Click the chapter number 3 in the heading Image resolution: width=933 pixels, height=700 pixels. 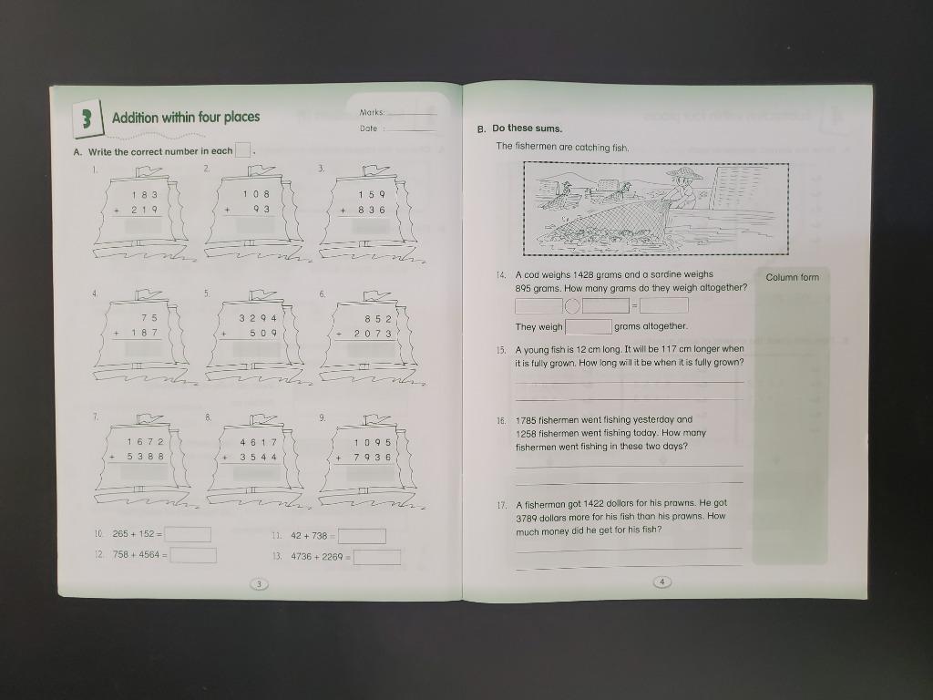click(85, 118)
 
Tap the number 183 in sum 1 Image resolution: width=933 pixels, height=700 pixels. click(143, 194)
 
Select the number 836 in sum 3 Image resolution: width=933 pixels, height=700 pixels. click(371, 210)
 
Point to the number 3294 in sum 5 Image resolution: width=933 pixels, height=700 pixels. click(258, 319)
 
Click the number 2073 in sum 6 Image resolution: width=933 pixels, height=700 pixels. click(371, 334)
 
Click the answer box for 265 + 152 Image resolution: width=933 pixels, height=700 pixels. click(189, 534)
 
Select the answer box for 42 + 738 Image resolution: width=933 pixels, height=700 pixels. click(363, 537)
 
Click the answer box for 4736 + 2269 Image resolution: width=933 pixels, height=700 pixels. click(377, 557)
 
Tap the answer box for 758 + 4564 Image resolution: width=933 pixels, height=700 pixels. click(194, 555)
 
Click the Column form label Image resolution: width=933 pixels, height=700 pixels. click(792, 277)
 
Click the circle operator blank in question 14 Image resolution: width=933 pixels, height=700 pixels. click(572, 305)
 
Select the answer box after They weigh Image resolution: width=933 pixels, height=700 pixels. click(589, 326)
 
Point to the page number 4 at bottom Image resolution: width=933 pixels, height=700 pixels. click(662, 582)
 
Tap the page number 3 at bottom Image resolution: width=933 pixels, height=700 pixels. click(259, 584)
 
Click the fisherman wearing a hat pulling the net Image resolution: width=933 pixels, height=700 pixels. click(683, 190)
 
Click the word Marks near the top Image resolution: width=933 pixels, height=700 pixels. click(372, 113)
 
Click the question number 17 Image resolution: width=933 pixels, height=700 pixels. click(501, 504)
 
